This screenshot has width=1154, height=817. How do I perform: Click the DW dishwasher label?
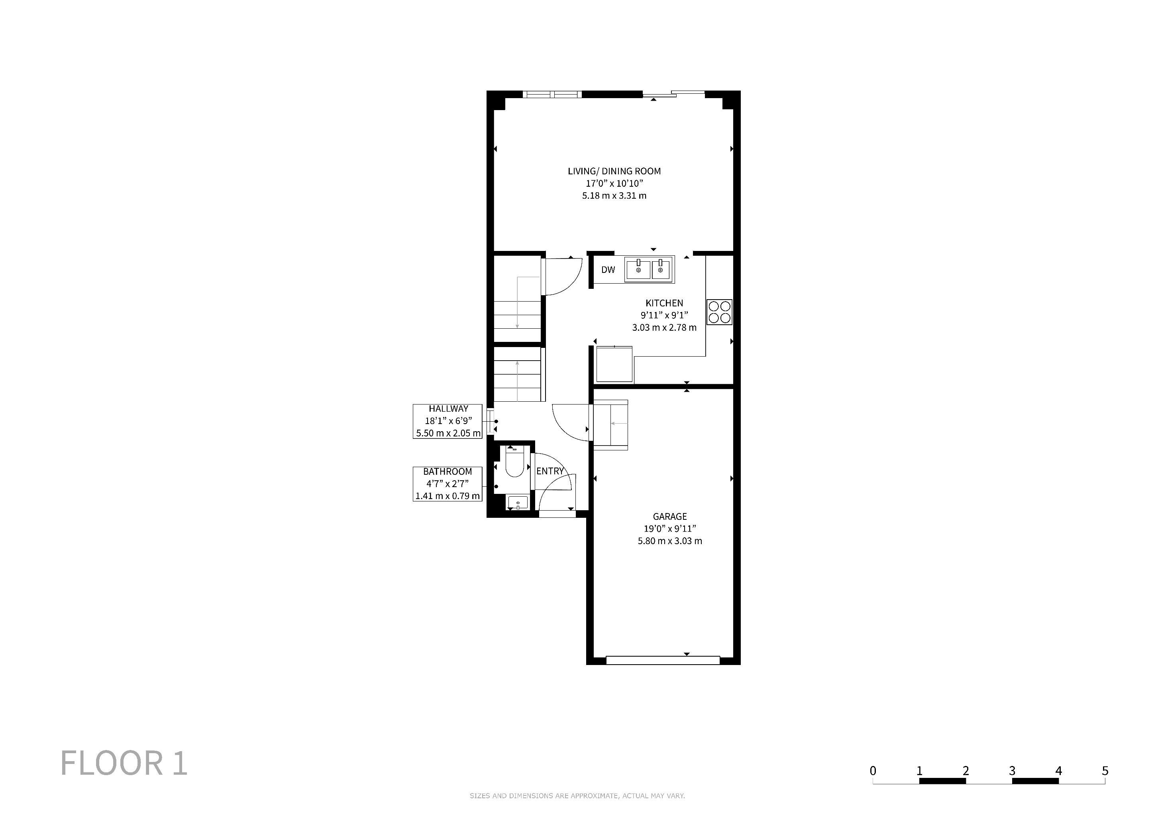coord(608,270)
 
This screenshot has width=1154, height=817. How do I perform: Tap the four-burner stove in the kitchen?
coord(719,312)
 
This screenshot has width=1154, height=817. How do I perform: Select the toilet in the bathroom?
coord(514,462)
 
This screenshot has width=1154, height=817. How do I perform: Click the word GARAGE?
coord(669,516)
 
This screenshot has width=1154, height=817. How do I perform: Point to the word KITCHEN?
coord(664,303)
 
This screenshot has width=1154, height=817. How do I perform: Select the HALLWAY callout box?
coord(448,421)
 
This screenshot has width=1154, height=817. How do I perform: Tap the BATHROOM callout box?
coord(448,484)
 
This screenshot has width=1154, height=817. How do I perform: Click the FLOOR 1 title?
coord(124,763)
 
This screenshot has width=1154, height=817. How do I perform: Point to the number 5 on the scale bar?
coord(1105,771)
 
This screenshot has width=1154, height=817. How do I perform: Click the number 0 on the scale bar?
coord(873,771)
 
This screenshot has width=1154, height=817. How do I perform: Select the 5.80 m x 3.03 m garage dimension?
coord(669,541)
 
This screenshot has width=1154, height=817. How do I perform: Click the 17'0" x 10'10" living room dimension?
coord(614,184)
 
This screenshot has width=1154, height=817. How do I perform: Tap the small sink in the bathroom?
coord(518,503)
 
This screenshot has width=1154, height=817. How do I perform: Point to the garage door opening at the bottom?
coord(663,660)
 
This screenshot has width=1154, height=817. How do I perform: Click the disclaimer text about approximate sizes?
coord(577,796)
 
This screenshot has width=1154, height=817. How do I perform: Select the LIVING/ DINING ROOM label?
coord(614,171)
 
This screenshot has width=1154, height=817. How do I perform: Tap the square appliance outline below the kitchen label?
coord(614,364)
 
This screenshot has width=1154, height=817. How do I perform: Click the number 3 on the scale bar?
coord(1012,771)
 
